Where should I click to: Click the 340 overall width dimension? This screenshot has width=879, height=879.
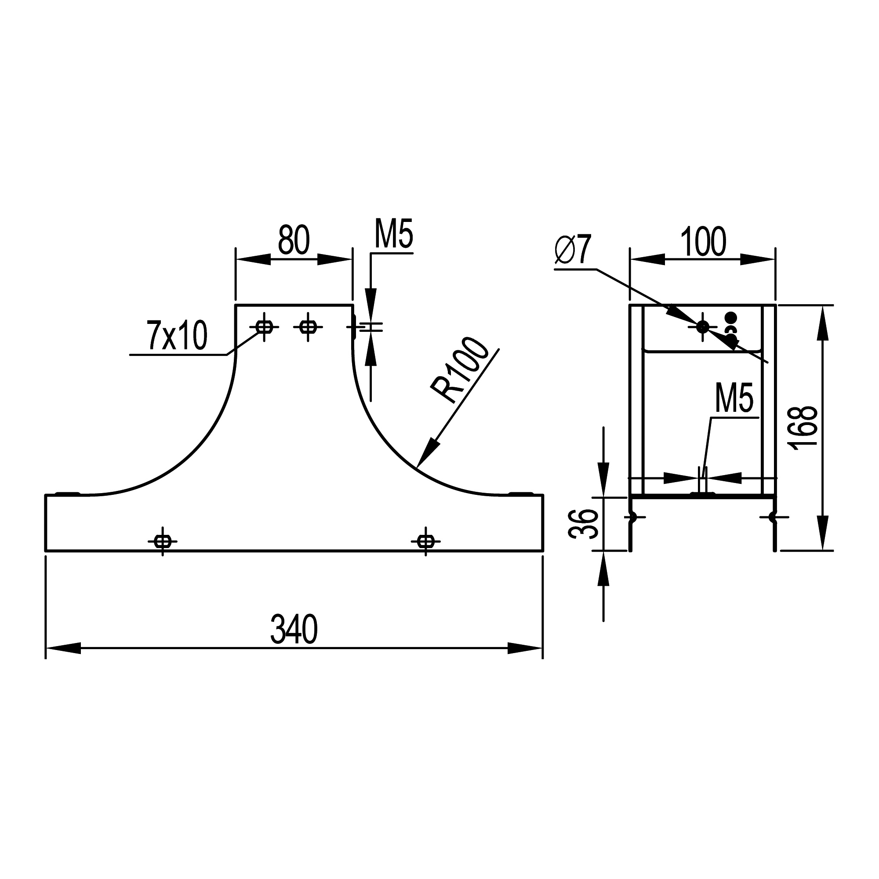pyautogui.click(x=294, y=629)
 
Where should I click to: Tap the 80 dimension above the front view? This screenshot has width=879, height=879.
pyautogui.click(x=294, y=240)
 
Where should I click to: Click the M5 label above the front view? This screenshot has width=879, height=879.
pyautogui.click(x=393, y=235)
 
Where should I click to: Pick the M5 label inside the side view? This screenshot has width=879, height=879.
pyautogui.click(x=734, y=398)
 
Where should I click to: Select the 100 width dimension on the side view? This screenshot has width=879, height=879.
pyautogui.click(x=703, y=242)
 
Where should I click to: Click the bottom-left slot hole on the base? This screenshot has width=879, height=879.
pyautogui.click(x=163, y=541)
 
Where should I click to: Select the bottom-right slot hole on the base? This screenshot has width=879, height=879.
pyautogui.click(x=425, y=541)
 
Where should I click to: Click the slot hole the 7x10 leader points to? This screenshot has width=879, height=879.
pyautogui.click(x=264, y=327)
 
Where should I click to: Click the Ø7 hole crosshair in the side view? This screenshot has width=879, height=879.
pyautogui.click(x=702, y=326)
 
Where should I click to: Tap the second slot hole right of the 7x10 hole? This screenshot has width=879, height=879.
pyautogui.click(x=308, y=327)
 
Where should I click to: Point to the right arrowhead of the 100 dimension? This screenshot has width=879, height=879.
pyautogui.click(x=758, y=259)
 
